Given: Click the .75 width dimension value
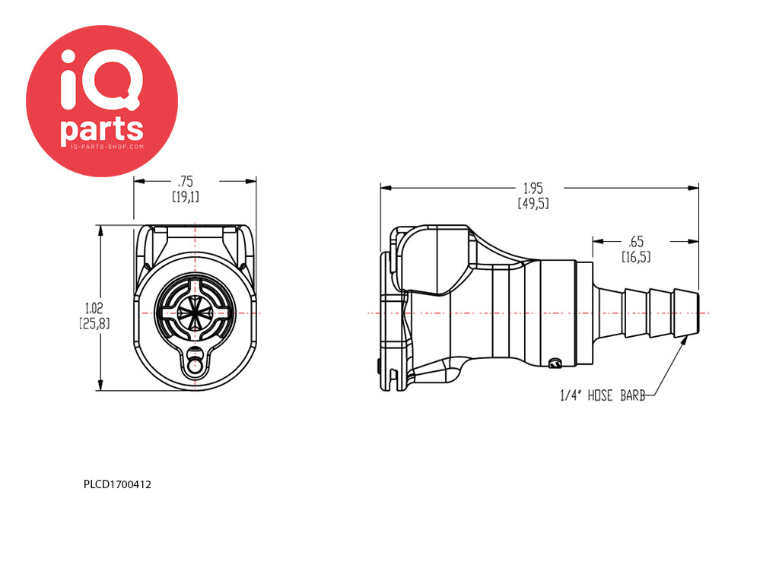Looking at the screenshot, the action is click(186, 182).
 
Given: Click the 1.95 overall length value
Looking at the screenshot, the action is click(533, 189).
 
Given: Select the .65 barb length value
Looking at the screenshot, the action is click(636, 242).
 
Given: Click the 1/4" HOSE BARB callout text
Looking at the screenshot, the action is click(603, 395).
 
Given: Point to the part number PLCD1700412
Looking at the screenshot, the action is click(117, 484).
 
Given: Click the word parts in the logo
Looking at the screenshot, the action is click(102, 130).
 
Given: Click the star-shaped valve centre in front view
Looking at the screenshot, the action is click(195, 313).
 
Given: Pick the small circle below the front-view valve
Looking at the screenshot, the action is click(195, 367).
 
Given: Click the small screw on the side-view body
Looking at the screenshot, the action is click(555, 364).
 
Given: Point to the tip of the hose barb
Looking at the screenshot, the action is click(698, 313).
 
